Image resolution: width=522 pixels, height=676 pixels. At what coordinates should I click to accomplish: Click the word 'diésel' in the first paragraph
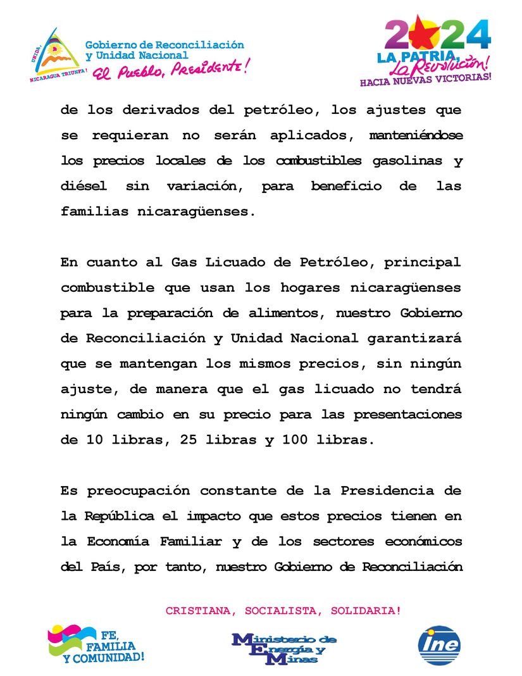click(x=84, y=186)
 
